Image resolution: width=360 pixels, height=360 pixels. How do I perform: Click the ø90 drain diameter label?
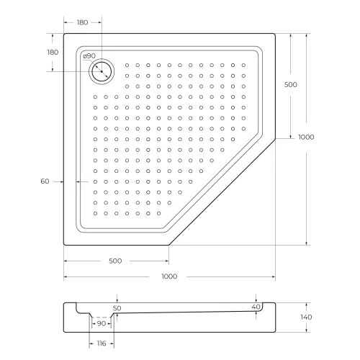coord(89,56)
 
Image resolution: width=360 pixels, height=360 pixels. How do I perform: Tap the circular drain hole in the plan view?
coord(101,71)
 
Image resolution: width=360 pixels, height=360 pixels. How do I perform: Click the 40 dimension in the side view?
coord(256,307)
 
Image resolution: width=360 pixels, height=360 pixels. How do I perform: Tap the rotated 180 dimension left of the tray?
coord(52,53)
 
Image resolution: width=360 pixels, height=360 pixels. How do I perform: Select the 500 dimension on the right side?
coord(291,85)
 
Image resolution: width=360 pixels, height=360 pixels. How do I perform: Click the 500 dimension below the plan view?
coord(114,260)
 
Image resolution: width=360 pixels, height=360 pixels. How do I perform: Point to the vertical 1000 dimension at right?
coord(307,137)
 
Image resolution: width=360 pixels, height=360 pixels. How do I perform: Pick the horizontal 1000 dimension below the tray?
coord(169,276)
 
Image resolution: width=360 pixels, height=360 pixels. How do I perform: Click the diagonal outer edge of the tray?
coord(222,191)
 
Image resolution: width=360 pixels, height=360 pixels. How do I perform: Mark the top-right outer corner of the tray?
coord(275,33)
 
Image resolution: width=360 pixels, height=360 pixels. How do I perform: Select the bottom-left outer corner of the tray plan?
coord(64,244)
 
